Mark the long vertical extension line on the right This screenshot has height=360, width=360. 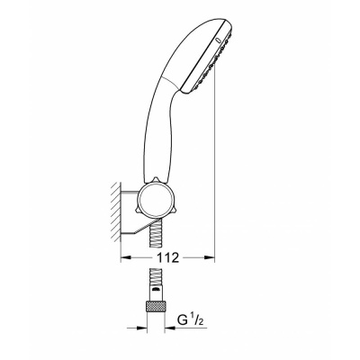point(215,162)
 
